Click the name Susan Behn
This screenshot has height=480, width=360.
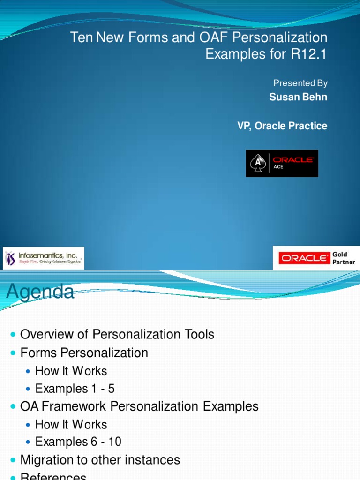[x=298, y=97]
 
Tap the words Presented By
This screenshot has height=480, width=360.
[x=300, y=83]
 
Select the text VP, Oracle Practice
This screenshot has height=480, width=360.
[x=282, y=126]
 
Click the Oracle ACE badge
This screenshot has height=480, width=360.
[x=282, y=163]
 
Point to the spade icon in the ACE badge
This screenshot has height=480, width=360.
[x=258, y=164]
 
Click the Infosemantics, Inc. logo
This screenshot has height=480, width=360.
[x=44, y=258]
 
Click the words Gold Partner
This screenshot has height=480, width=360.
[x=343, y=258]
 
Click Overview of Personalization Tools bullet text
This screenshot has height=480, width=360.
[x=117, y=335]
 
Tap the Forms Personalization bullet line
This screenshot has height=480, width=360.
[x=84, y=353]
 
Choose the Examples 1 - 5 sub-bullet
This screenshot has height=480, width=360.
[x=75, y=389]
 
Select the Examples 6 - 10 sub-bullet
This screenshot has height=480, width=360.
[x=78, y=442]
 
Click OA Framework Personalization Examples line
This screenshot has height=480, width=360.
[x=140, y=406]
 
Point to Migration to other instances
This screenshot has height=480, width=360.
[x=100, y=460]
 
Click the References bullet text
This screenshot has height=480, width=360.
[x=53, y=476]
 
